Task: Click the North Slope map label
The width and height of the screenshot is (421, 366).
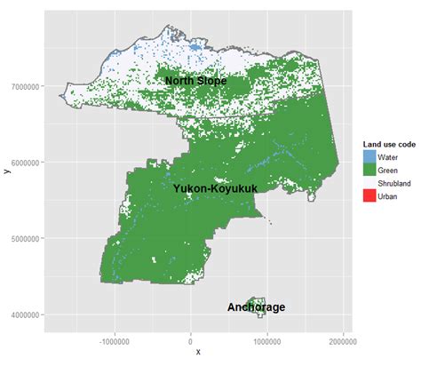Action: point(195,81)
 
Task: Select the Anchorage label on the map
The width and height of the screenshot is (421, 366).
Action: point(256,307)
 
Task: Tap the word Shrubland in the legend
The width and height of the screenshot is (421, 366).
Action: point(393,183)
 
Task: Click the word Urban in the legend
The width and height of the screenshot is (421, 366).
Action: point(387,196)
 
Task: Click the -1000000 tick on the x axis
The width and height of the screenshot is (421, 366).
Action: point(115,340)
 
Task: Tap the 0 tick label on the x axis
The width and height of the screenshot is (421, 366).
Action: point(191,340)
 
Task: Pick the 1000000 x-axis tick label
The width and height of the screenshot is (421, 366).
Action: point(267,340)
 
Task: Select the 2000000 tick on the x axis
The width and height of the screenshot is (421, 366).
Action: point(343,340)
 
